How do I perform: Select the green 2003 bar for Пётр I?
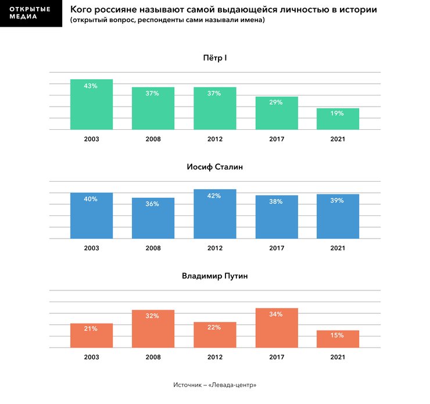click(91, 105)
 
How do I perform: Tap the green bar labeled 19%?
click(338, 119)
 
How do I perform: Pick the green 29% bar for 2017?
click(276, 113)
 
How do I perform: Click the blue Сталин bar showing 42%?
click(214, 214)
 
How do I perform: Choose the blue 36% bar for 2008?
click(153, 218)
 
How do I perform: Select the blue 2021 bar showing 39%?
click(338, 216)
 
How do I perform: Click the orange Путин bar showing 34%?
click(276, 328)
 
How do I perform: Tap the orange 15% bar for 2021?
click(338, 339)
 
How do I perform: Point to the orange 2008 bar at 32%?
click(153, 329)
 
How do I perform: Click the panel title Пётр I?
click(214, 58)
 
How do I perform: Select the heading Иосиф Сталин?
click(214, 167)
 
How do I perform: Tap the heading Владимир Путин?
click(214, 276)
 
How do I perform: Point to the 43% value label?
click(91, 86)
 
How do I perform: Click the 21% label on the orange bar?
click(91, 329)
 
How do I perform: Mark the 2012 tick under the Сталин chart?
click(214, 248)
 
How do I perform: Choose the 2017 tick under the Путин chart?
click(276, 357)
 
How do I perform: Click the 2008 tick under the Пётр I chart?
click(153, 139)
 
